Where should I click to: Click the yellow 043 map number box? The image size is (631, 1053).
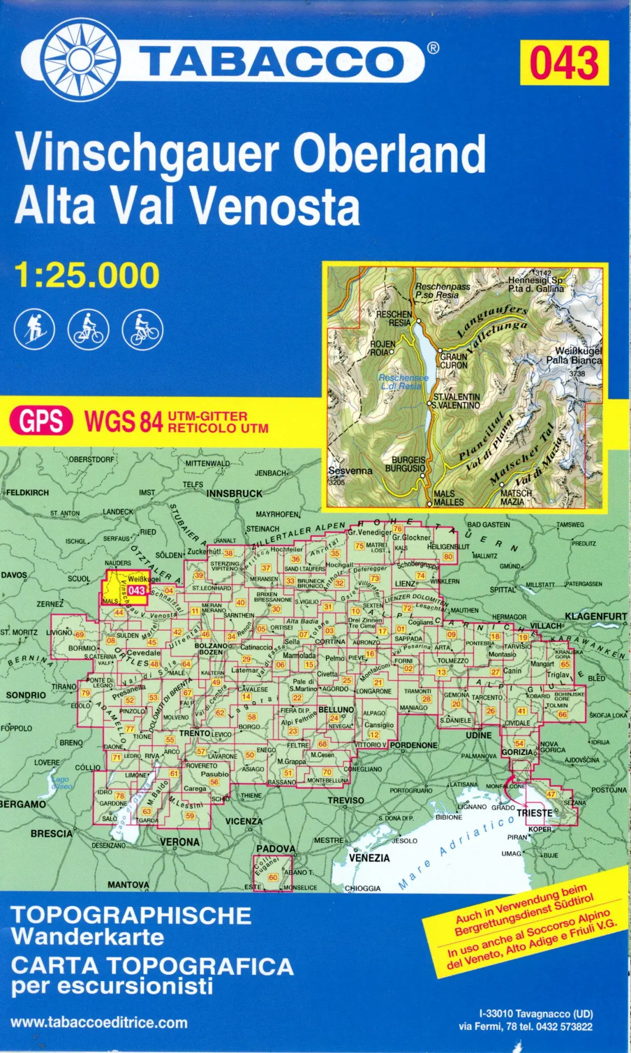click(564, 63)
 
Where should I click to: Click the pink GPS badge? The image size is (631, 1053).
click(41, 421)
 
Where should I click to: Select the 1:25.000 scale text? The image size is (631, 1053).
click(87, 275)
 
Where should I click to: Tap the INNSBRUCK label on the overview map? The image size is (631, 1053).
click(234, 493)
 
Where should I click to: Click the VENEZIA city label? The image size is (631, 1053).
click(369, 858)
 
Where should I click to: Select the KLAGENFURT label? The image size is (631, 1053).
click(596, 616)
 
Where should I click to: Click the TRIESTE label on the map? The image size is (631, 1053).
click(534, 813)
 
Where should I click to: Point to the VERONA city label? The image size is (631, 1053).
click(180, 842)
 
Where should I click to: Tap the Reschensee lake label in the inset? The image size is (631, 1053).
click(403, 382)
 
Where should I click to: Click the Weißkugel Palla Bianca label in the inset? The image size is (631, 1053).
click(574, 356)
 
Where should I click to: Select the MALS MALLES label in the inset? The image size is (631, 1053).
click(449, 498)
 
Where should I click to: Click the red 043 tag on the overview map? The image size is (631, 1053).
click(136, 590)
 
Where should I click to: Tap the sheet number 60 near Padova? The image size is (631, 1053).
click(273, 878)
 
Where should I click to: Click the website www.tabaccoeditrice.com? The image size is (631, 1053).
click(98, 1023)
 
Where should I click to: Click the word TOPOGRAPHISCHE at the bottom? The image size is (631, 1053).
click(131, 916)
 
